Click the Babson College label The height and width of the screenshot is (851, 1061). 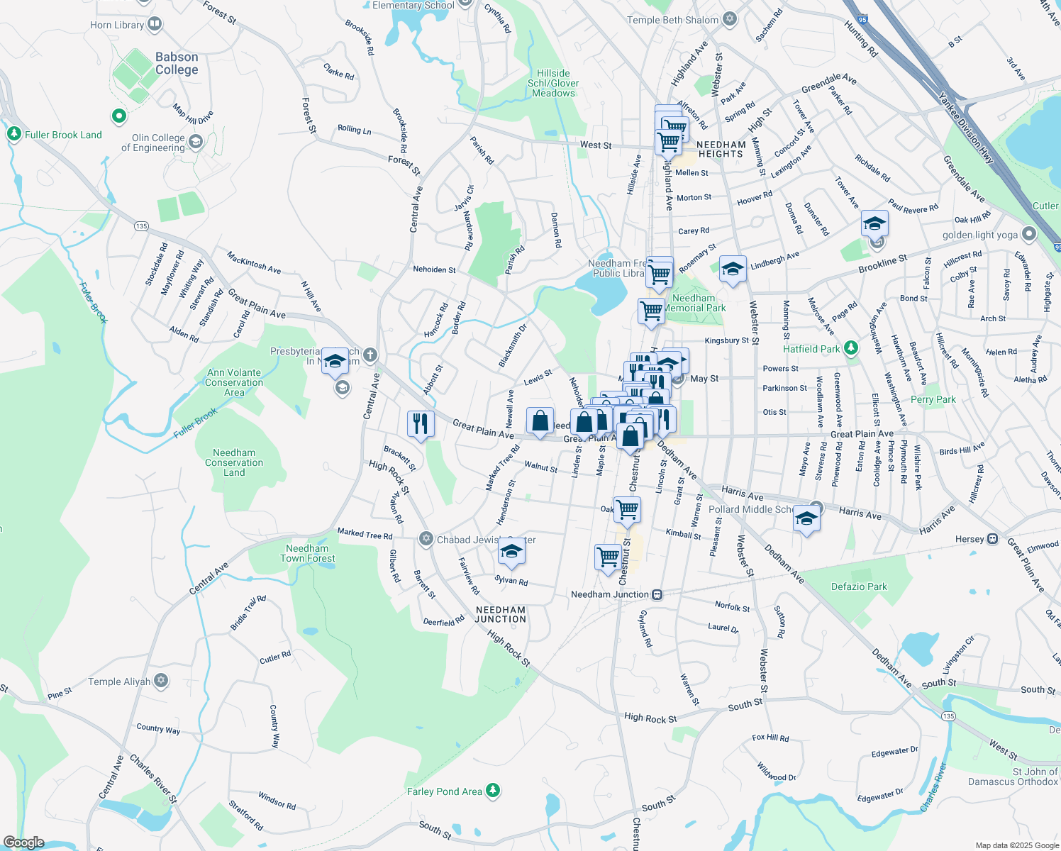177,63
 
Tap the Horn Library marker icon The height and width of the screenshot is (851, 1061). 155,25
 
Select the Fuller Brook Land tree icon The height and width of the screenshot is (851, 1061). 13,134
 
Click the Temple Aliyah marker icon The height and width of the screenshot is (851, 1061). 161,681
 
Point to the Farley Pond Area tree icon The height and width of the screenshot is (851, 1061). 493,790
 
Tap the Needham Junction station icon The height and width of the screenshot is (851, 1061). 657,594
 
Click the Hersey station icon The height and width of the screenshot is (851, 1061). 993,539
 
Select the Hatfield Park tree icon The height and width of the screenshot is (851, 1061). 851,348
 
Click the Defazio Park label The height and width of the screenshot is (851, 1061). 859,586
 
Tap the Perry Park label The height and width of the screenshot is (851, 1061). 933,399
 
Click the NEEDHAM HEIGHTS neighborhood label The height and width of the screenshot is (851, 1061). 721,149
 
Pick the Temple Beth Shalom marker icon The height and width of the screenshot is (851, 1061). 730,19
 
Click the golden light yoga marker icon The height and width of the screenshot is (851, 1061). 1029,234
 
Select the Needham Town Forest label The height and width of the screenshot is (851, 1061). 307,553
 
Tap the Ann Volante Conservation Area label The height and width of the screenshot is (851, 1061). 234,382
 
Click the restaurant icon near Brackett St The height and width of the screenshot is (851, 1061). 421,424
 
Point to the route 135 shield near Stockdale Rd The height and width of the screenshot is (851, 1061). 141,226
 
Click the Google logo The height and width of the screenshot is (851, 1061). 23,842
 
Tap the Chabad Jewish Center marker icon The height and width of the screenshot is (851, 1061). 426,539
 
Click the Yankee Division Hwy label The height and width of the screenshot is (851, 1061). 966,128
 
